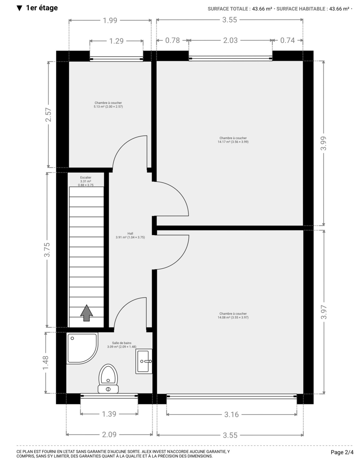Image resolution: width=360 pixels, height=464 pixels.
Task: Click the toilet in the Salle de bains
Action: pyautogui.click(x=108, y=379)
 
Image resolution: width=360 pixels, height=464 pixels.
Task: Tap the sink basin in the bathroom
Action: pyautogui.click(x=144, y=361)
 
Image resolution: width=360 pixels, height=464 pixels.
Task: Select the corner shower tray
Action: pyautogui.click(x=82, y=348)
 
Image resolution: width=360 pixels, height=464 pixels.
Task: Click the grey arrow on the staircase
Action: pyautogui.click(x=86, y=313)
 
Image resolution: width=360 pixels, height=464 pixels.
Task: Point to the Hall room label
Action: pyautogui.click(x=130, y=235)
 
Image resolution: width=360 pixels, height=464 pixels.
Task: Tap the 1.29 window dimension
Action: pyautogui.click(x=116, y=41)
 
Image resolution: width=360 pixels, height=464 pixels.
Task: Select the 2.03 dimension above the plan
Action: pyautogui.click(x=230, y=40)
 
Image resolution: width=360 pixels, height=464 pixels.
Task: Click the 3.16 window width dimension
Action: pyautogui.click(x=231, y=414)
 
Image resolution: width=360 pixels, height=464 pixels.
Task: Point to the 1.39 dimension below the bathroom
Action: pyautogui.click(x=109, y=414)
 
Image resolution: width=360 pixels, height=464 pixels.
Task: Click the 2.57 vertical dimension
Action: pyautogui.click(x=48, y=115)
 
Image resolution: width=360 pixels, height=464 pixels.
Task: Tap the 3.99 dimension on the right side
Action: pyautogui.click(x=324, y=143)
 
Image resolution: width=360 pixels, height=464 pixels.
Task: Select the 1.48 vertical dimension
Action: pyautogui.click(x=45, y=363)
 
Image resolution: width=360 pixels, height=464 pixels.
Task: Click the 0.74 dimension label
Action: pyautogui.click(x=287, y=40)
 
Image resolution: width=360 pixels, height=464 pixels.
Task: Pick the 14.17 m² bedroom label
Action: pyautogui.click(x=233, y=140)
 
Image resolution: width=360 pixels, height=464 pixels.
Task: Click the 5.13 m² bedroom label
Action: pyautogui.click(x=108, y=105)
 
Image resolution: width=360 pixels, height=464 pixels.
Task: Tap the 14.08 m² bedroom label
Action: pyautogui.click(x=233, y=315)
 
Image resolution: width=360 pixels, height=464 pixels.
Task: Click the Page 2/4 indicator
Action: pyautogui.click(x=342, y=452)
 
